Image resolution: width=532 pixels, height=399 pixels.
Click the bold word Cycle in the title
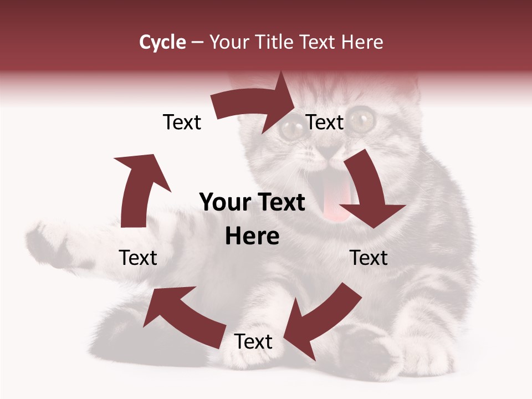click(x=162, y=42)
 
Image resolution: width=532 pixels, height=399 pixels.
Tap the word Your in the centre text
click(x=224, y=202)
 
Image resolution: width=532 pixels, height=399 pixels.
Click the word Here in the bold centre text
click(x=252, y=237)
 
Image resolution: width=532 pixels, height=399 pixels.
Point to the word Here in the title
click(x=361, y=42)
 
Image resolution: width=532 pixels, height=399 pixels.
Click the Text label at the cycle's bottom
click(x=253, y=342)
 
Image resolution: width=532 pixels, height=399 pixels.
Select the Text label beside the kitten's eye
click(x=325, y=122)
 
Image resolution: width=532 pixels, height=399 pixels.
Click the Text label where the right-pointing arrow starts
click(x=182, y=122)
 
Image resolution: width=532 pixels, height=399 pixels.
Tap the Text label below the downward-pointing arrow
click(x=369, y=258)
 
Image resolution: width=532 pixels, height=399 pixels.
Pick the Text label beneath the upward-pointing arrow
click(x=138, y=258)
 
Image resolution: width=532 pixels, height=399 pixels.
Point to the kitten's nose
click(x=331, y=149)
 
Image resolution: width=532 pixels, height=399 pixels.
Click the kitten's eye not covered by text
click(x=363, y=117)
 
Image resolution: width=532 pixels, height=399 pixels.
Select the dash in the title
click(x=197, y=43)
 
